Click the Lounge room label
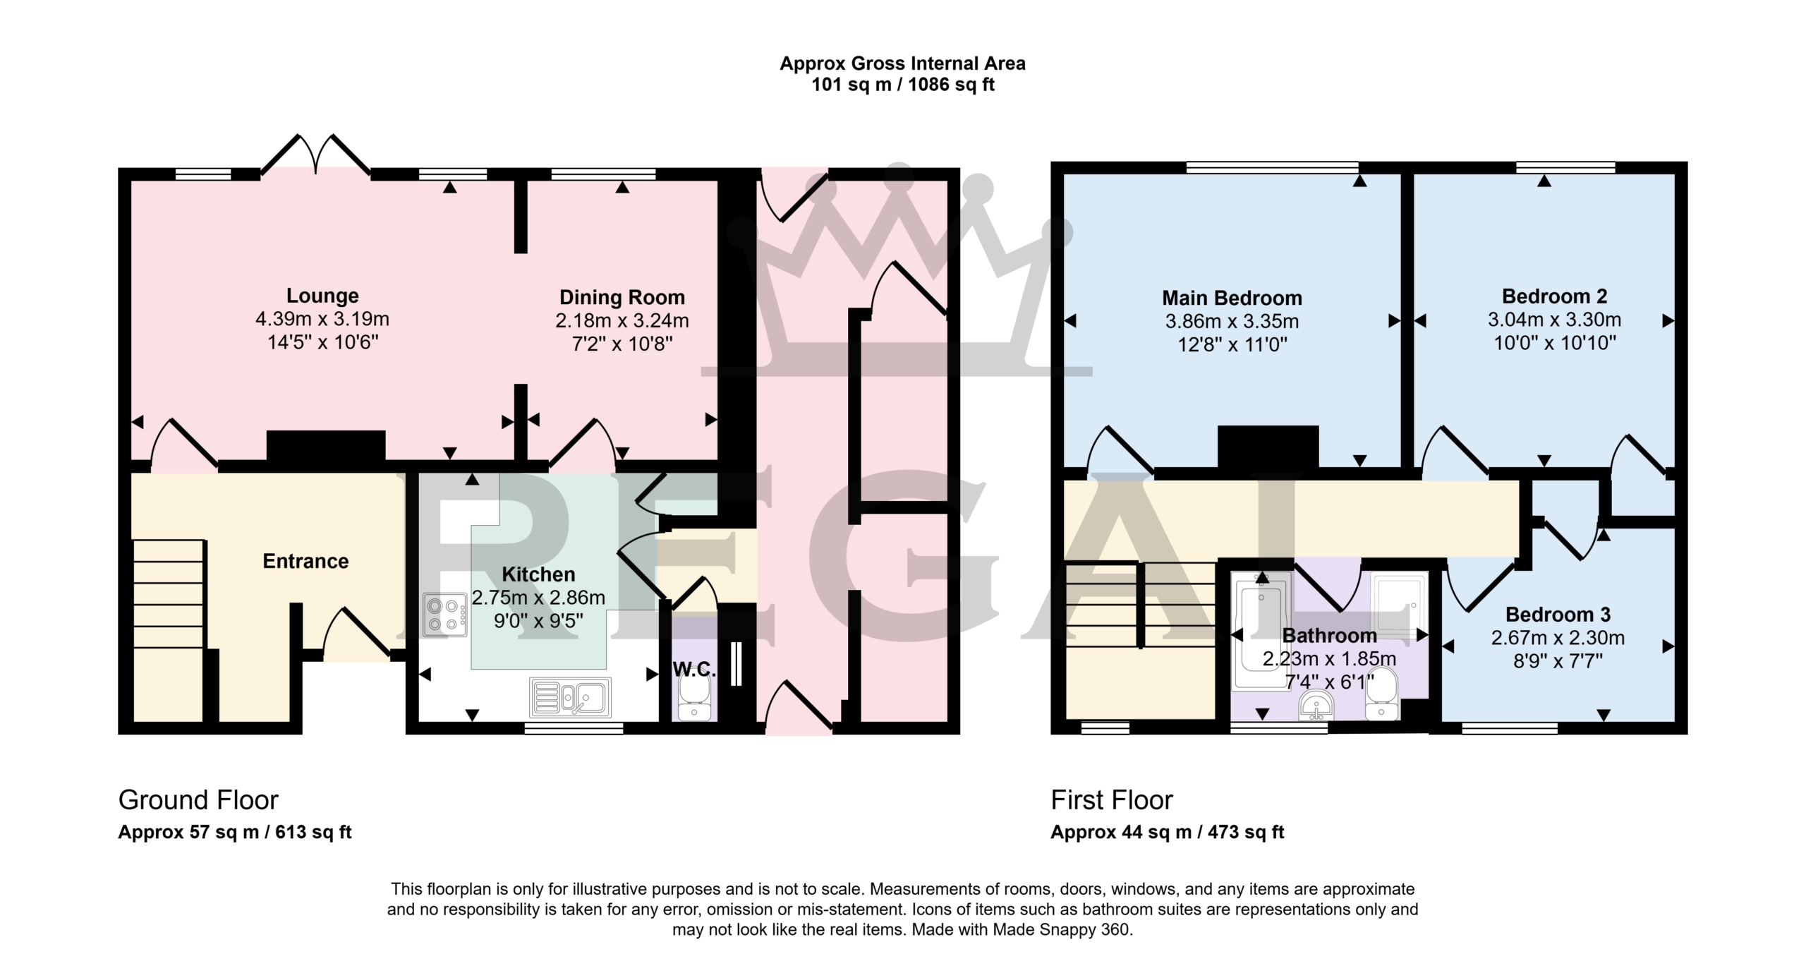322,296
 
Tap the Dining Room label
622,297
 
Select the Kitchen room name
538,574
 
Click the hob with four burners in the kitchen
445,615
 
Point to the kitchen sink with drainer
570,696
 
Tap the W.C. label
694,670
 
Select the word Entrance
305,561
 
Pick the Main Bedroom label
1232,298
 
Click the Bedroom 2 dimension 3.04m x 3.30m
1555,320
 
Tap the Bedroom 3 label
1558,615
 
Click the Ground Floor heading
198,800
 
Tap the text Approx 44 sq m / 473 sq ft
1168,833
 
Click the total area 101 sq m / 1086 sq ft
903,85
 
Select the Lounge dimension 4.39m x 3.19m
322,319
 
